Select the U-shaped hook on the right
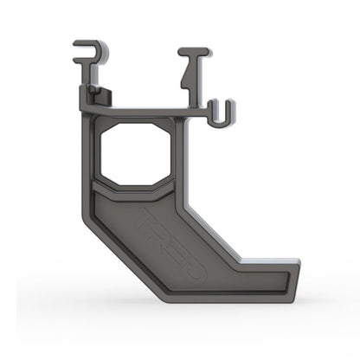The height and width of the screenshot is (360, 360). pos(222,113)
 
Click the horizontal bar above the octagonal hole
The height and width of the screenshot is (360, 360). pos(138,112)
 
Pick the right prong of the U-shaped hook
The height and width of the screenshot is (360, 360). pos(230,112)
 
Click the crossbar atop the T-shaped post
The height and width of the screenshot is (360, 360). pos(195,52)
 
